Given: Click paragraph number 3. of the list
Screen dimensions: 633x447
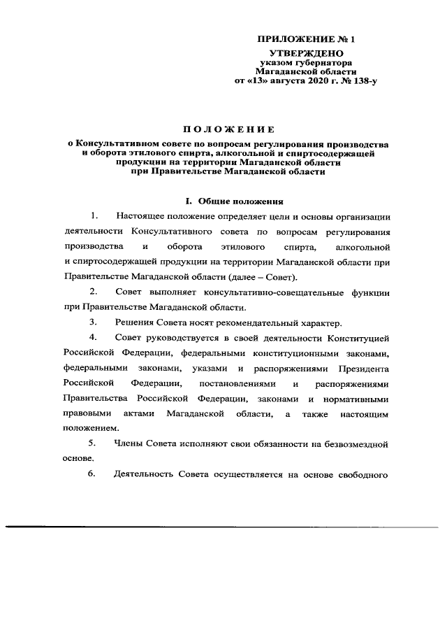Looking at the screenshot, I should tap(93, 322).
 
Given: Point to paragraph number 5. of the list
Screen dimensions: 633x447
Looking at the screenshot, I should tap(93, 443).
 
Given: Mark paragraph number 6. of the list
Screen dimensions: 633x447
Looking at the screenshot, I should tap(93, 476).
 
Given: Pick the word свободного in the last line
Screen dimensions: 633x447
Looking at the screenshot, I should tap(361, 476).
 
